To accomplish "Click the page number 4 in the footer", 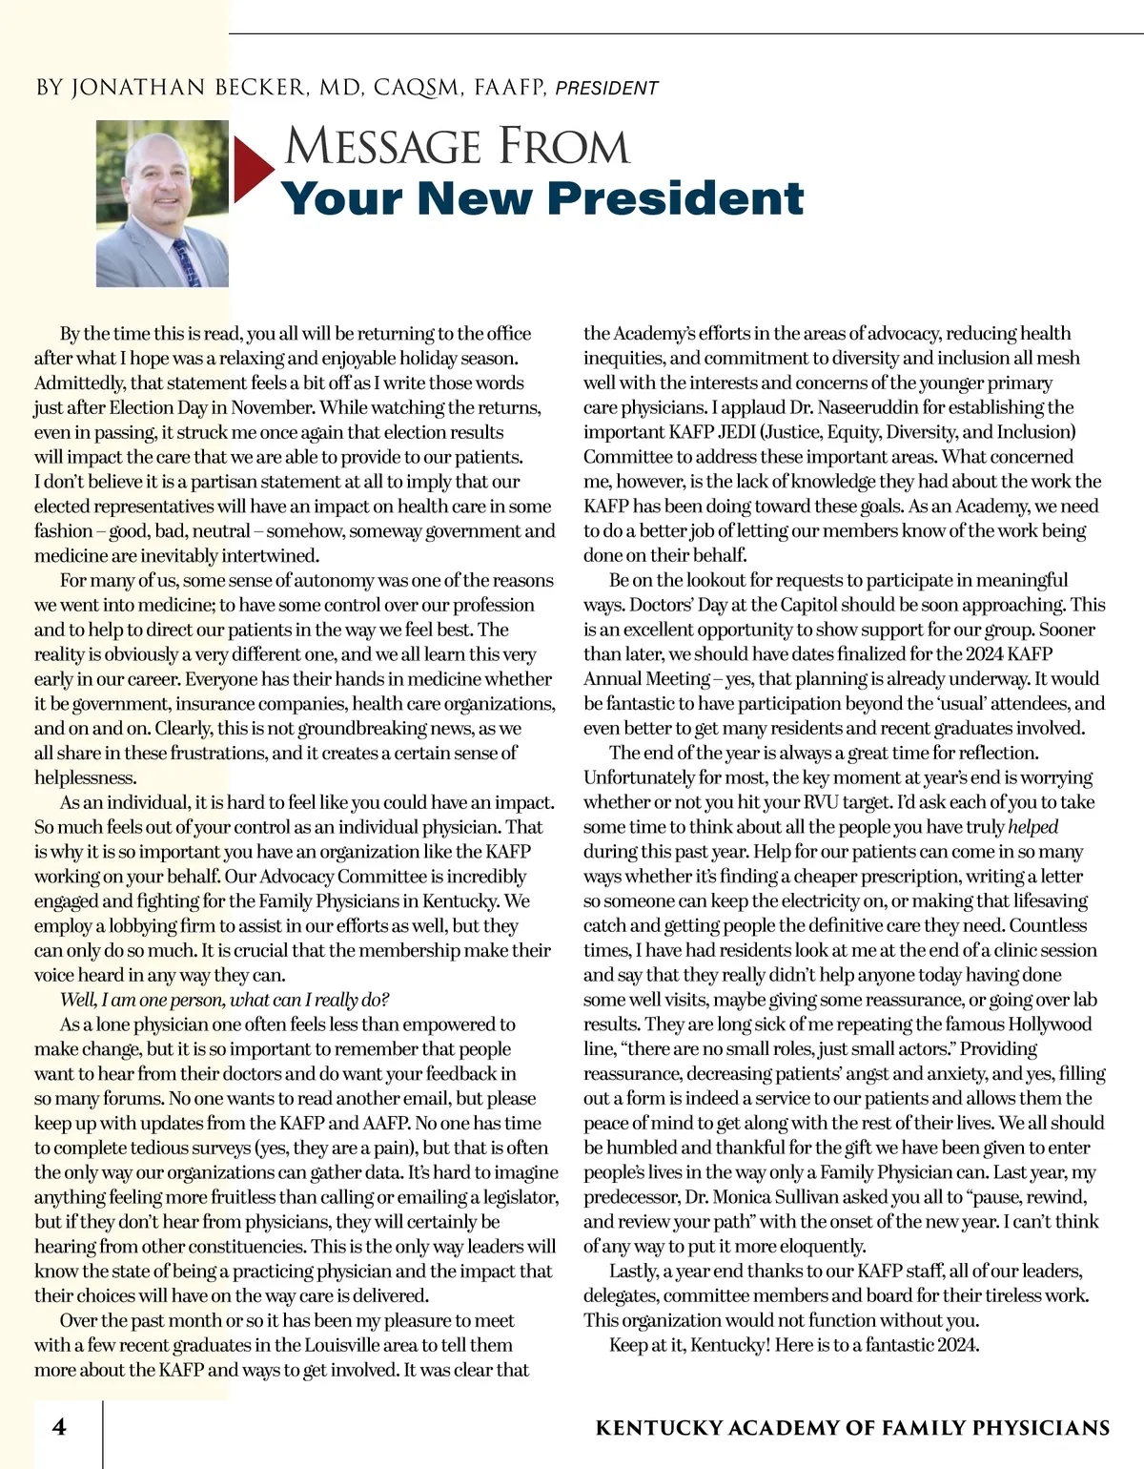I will click(59, 1427).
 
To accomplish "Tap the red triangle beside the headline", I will click(252, 170).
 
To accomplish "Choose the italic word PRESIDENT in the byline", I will click(606, 89).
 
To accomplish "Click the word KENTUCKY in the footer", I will click(658, 1428).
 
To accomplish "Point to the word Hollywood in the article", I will click(1045, 1024).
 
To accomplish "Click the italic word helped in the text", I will click(1032, 827).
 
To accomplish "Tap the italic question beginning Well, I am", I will click(224, 1000).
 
